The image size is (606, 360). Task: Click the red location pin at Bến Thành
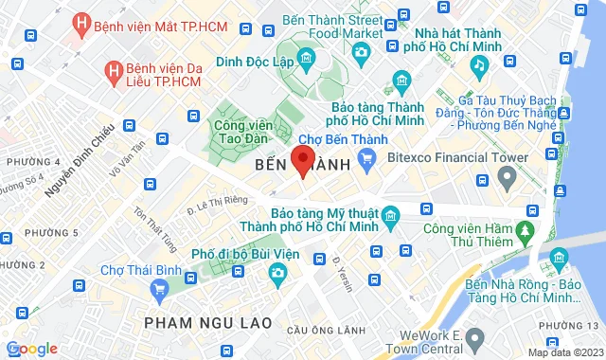302,159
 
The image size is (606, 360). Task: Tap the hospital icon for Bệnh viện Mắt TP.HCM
82,22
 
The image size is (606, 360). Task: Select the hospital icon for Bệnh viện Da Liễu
114,69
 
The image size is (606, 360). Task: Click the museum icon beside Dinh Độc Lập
307,62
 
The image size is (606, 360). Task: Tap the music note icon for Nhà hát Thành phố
480,64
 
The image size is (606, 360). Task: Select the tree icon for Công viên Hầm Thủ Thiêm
523,230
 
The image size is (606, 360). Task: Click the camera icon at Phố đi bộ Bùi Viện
277,275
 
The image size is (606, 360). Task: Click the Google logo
31,349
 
